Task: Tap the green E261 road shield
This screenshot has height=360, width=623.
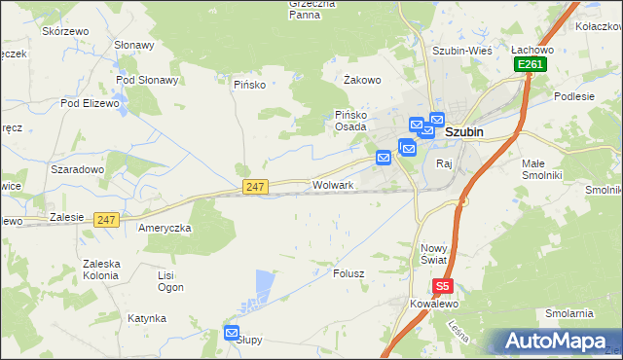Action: [x=531, y=64]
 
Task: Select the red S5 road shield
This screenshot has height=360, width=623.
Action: [x=443, y=286]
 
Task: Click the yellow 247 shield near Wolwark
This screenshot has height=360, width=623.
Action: [x=255, y=186]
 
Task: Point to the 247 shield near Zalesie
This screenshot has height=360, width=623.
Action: [x=107, y=220]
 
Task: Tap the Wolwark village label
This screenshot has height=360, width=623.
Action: [x=332, y=184]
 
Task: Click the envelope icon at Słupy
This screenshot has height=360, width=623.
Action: [x=232, y=333]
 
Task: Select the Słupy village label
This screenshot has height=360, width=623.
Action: [x=250, y=341]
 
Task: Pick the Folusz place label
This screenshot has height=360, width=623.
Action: [x=348, y=273]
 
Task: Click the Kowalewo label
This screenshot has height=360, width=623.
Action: [x=433, y=304]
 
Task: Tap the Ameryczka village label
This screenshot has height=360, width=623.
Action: [x=165, y=227]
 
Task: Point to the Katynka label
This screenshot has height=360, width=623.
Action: [x=146, y=318]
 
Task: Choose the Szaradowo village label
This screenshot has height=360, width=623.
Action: [x=77, y=168]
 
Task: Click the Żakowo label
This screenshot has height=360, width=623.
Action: [x=362, y=81]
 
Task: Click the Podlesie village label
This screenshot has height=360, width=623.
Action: [x=574, y=96]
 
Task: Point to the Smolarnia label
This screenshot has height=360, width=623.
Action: [x=569, y=313]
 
